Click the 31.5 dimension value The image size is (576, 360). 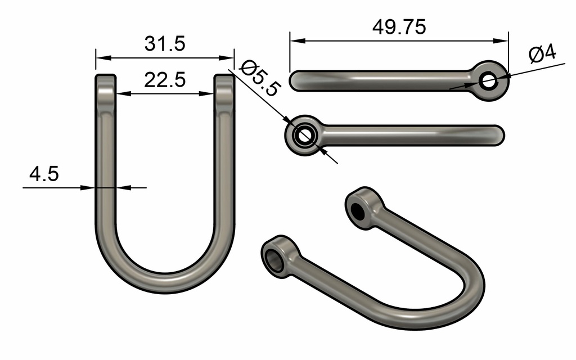coord(165,44)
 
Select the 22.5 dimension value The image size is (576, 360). coord(165,80)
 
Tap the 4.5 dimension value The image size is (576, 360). coord(44,174)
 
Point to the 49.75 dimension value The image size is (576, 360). coord(399,27)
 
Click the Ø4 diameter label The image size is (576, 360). coord(542,54)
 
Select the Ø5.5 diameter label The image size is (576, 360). coord(259,78)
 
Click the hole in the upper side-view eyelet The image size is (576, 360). coord(488,81)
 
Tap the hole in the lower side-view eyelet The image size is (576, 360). coord(305,136)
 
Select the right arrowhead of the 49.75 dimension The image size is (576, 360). coord(504,40)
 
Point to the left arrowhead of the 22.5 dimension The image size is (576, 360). coord(120,94)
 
